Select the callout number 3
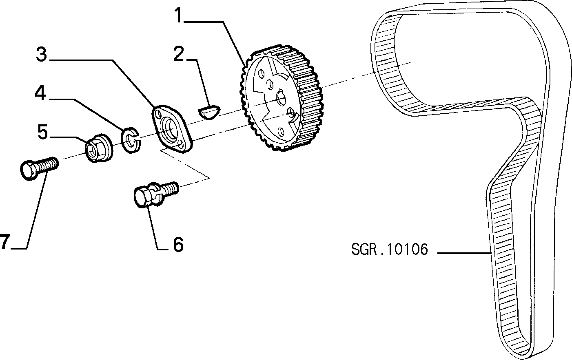(42, 54)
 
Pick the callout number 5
(43, 132)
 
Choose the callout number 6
(178, 245)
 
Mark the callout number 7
(4, 241)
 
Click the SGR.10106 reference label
(389, 249)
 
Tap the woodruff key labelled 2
(209, 112)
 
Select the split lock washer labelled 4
(131, 140)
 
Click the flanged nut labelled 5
(99, 148)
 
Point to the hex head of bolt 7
(28, 170)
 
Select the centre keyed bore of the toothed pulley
(282, 98)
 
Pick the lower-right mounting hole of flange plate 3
(181, 144)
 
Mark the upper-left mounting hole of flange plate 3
(157, 114)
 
